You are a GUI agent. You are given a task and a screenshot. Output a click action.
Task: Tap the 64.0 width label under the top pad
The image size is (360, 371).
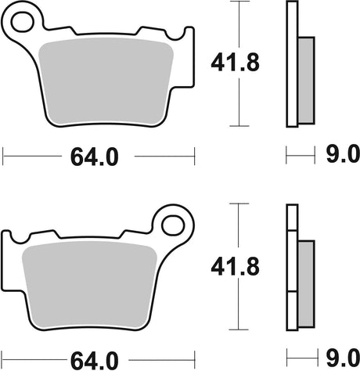click(x=97, y=157)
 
